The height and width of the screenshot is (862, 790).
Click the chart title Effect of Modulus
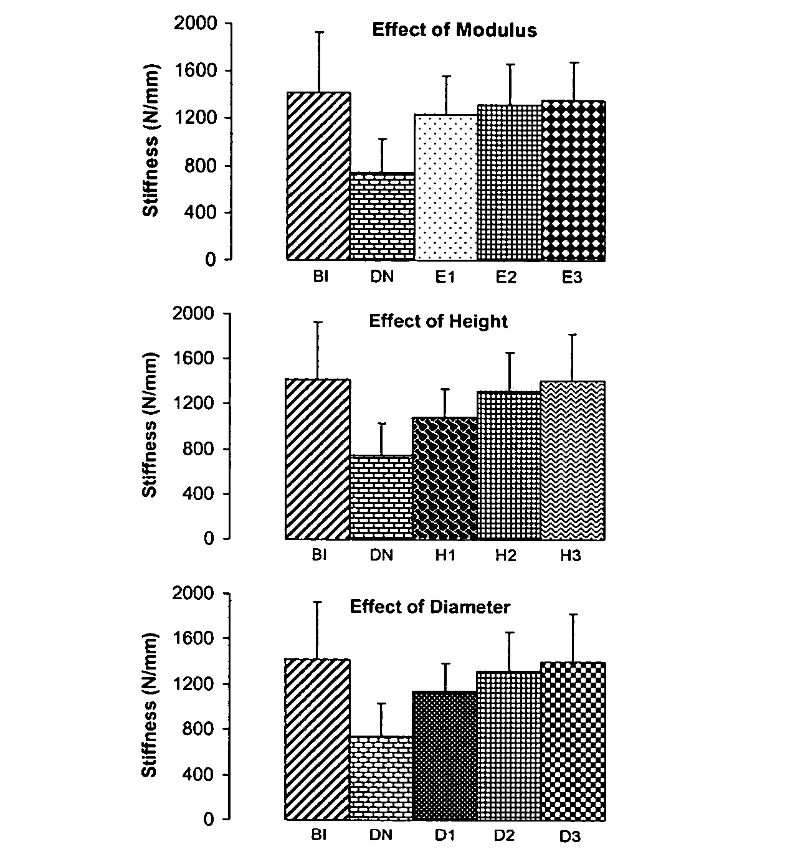coord(454,30)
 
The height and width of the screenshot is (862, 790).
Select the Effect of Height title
coord(438,321)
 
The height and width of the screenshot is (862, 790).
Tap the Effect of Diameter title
coord(430,607)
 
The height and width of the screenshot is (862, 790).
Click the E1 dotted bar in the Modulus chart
coord(445,187)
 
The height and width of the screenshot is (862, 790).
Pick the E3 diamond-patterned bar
coord(573,181)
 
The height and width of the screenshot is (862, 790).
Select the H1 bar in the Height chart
coord(445,478)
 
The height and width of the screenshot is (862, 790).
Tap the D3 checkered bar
coord(573,741)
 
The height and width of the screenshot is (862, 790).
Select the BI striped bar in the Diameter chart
coord(318,739)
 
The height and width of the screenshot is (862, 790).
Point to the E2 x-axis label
coord(506,277)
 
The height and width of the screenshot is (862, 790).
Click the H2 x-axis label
coord(506,556)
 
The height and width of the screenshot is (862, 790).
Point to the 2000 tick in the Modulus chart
coord(197,24)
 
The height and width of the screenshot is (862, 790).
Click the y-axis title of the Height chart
coord(150,425)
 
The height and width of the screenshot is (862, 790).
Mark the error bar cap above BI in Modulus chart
coord(319,32)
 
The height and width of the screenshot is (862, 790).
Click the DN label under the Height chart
coord(381,556)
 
